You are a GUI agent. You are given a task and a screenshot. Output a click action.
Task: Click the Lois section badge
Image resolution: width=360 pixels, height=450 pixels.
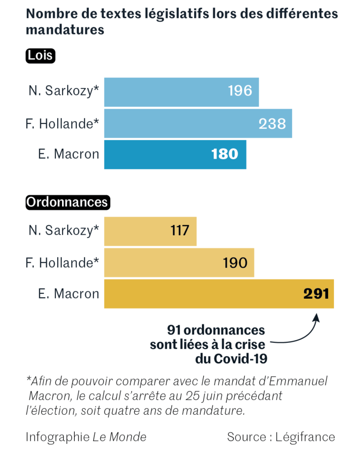coord(40,56)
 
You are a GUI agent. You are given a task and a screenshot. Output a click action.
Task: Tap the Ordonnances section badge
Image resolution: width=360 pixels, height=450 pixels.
coord(67,202)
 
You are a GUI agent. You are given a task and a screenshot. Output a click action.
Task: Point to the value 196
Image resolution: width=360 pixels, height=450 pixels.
coord(240,91)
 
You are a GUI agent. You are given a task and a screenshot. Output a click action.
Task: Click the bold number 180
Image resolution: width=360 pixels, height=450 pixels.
coord(224,154)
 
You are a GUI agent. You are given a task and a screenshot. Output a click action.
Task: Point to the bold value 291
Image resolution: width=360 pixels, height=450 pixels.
coord(316,294)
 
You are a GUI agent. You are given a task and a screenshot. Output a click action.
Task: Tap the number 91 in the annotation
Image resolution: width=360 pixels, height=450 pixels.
coord(174,330)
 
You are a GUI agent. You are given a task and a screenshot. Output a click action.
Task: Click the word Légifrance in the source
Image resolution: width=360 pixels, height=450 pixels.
coord(305,437)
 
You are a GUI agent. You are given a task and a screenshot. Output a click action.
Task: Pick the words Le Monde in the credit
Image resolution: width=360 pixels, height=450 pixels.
coord(119,437)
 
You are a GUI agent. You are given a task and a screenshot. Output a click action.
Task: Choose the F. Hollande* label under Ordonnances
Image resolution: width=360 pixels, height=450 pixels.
coord(62,263)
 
